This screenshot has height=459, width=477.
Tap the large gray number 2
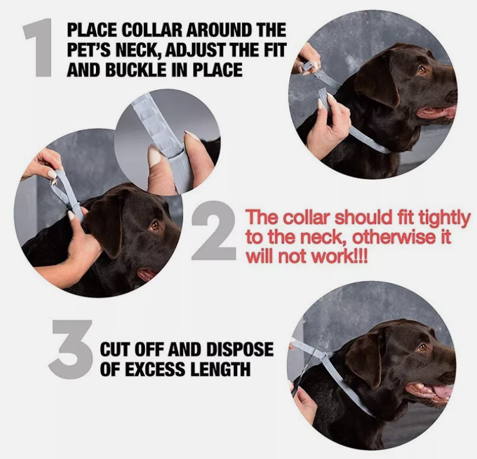[213, 231]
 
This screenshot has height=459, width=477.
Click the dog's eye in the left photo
[155, 225]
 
